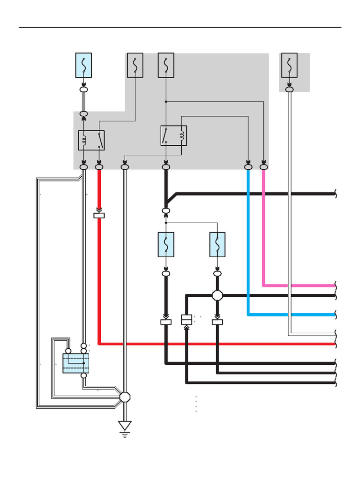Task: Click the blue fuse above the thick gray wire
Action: (83, 65)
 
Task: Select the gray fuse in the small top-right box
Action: (289, 65)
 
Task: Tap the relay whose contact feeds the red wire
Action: (91, 140)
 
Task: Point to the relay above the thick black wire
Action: (173, 135)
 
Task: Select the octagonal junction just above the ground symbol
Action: (125, 397)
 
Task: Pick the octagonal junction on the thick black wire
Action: (217, 295)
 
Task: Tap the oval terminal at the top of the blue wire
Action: (248, 166)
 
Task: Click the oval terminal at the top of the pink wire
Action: (264, 166)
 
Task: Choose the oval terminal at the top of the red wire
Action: (99, 166)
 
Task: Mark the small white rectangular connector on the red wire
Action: (99, 216)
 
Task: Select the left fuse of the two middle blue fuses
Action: (166, 244)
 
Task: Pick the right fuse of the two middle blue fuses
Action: (217, 244)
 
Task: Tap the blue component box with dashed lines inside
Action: (76, 363)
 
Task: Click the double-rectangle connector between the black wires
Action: (187, 320)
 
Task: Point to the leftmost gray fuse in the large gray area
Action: (135, 65)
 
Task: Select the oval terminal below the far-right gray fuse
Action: (289, 89)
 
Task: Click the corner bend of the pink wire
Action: (264, 285)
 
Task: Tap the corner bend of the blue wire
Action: (248, 314)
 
